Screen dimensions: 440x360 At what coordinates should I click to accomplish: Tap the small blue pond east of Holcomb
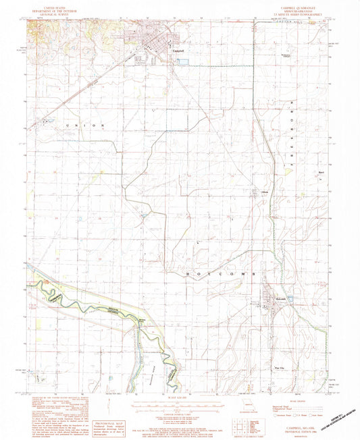290,297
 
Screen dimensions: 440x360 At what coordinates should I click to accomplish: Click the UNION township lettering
84,126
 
